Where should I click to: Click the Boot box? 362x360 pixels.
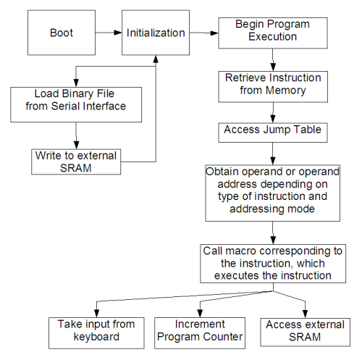[x=62, y=33]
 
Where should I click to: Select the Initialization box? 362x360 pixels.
[x=156, y=33]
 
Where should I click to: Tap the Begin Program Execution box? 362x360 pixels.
[x=273, y=33]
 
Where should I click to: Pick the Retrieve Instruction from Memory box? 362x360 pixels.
[x=273, y=87]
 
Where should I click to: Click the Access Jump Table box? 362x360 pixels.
[x=273, y=133]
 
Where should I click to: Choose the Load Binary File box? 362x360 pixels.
[x=76, y=104]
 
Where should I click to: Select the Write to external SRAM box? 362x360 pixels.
[x=76, y=162]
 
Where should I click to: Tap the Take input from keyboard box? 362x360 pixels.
[x=96, y=333]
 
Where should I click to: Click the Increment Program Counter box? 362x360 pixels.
[x=200, y=333]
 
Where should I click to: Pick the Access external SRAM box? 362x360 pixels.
[x=305, y=332]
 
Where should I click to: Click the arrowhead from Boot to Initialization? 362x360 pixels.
[x=118, y=33]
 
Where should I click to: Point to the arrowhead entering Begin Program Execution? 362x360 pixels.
[x=214, y=33]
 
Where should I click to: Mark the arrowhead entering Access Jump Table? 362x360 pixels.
[x=273, y=119]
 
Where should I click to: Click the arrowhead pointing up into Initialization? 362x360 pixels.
[x=156, y=59]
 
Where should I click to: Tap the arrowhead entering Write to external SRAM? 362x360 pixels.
[x=76, y=145]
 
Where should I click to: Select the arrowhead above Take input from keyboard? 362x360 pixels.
[x=96, y=314]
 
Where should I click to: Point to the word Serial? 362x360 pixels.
[x=65, y=106]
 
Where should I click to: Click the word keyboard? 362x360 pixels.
[x=96, y=337]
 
